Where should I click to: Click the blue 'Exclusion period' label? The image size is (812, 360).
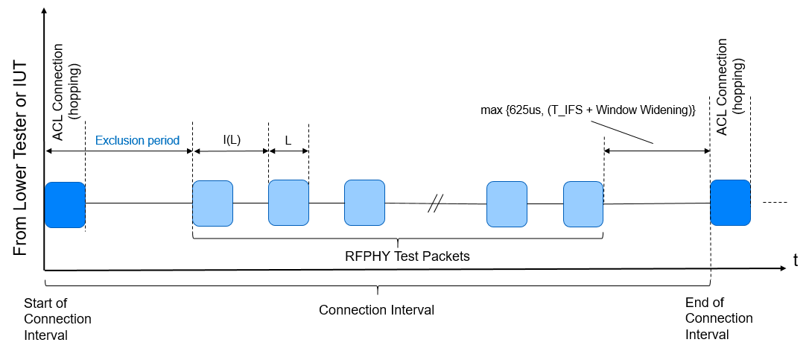[x=137, y=139]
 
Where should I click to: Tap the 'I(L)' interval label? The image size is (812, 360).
[x=232, y=139]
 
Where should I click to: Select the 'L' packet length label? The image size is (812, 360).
[x=288, y=139]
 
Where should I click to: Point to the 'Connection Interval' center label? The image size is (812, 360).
[x=376, y=309]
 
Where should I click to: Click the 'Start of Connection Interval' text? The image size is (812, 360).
[x=57, y=319]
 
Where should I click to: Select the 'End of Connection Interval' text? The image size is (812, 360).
[x=718, y=319]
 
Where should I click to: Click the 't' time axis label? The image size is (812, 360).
[x=796, y=262]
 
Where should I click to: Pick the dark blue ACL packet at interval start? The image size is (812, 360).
[x=65, y=204]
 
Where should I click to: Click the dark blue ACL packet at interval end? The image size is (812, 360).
[x=730, y=203]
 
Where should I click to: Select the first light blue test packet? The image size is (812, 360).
[x=212, y=203]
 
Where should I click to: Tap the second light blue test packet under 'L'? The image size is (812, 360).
[x=288, y=203]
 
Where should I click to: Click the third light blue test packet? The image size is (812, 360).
[x=364, y=203]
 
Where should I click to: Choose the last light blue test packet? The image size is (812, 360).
[x=583, y=203]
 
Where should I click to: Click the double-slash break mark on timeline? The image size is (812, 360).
[x=436, y=203]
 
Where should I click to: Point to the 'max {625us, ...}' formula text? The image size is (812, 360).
[x=588, y=110]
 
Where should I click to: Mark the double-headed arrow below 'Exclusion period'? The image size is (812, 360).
[x=119, y=151]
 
